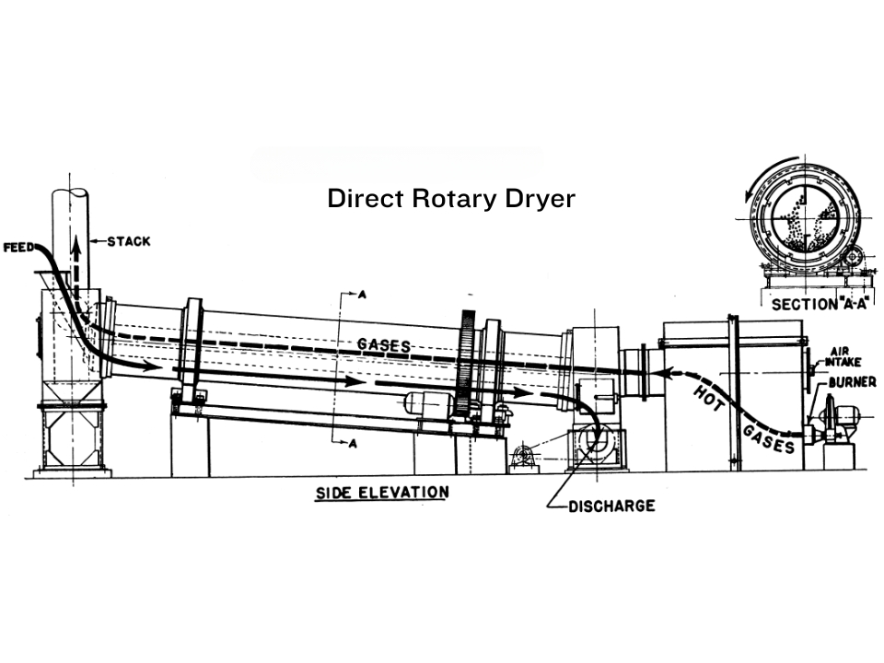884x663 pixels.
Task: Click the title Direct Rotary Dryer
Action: point(451,199)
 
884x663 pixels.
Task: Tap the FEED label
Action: point(20,248)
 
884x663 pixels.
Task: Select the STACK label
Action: point(128,242)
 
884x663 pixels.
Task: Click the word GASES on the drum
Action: point(383,344)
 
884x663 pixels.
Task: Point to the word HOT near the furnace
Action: point(707,396)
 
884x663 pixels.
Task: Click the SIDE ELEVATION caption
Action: point(382,492)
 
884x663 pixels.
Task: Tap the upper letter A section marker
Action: point(362,295)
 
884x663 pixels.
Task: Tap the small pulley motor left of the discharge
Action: point(523,455)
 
